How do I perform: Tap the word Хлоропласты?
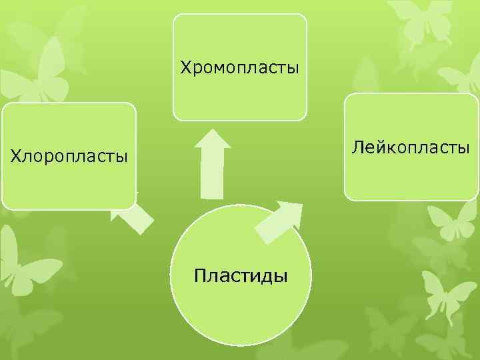pos(69,157)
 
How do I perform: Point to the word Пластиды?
pos(241,275)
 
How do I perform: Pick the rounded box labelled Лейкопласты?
pos(411,177)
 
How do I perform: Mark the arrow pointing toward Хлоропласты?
pos(135,217)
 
